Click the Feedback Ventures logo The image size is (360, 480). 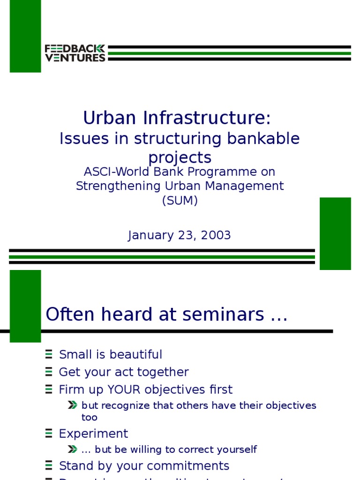tap(75, 53)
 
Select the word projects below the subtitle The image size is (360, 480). tap(180, 157)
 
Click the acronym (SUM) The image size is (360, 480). tap(180, 201)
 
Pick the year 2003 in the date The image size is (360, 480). tap(216, 235)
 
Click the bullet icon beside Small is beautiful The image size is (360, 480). tap(49, 354)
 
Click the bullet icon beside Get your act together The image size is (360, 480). tap(49, 372)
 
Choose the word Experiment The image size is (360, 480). tap(93, 433)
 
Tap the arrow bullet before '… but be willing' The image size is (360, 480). tap(72, 450)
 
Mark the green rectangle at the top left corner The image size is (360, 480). tap(25, 36)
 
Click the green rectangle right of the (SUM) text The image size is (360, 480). tap(335, 233)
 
